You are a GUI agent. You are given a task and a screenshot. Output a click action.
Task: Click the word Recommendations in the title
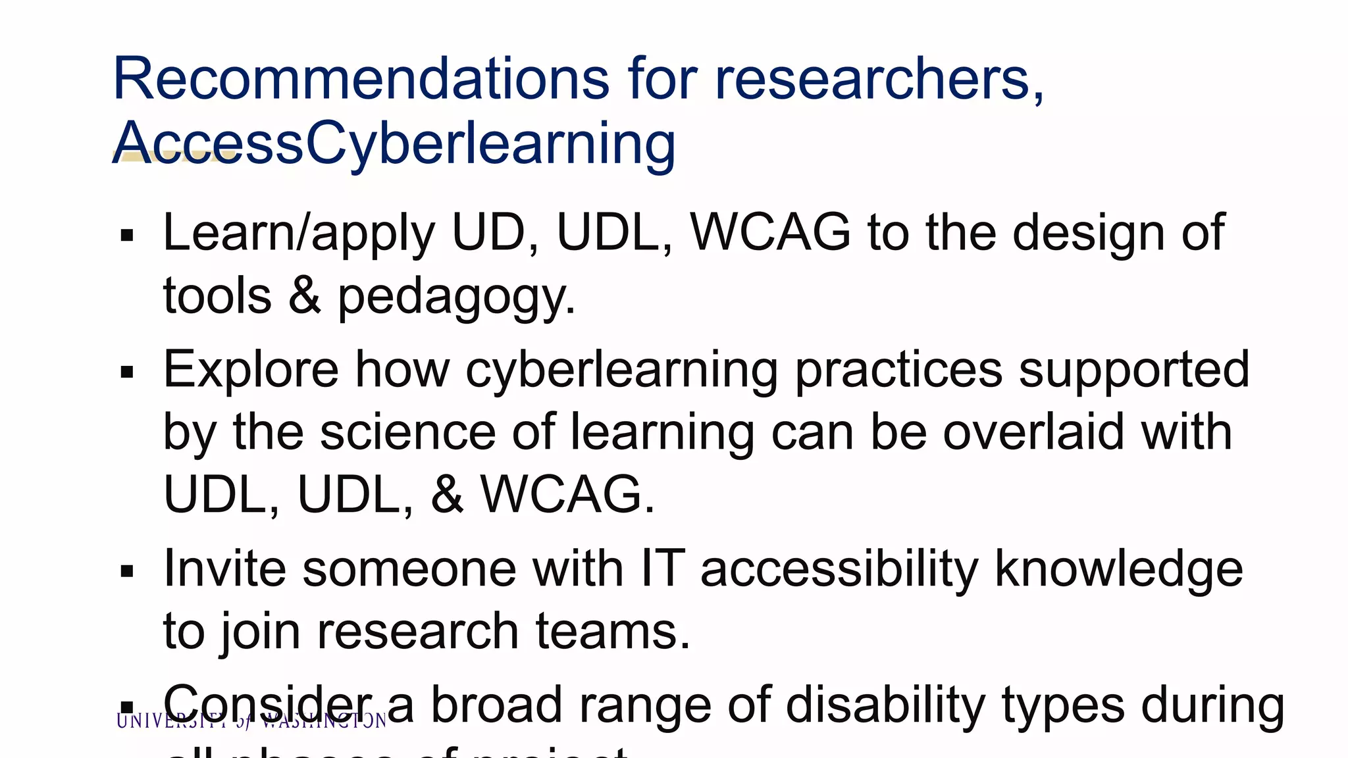click(361, 79)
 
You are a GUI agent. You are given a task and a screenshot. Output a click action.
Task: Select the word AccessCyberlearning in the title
click(394, 143)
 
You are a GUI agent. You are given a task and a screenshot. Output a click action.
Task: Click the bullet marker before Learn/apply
click(128, 236)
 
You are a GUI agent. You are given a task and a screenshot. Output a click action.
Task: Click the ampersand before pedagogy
click(304, 295)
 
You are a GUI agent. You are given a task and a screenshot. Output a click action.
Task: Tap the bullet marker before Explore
click(128, 372)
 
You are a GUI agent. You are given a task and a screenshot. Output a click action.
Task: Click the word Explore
click(251, 370)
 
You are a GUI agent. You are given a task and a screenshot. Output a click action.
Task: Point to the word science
click(408, 432)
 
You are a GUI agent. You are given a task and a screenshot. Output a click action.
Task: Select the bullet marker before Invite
click(128, 571)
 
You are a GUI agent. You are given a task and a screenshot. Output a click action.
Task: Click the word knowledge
click(1118, 568)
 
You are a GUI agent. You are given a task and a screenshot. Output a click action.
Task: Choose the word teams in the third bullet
click(613, 631)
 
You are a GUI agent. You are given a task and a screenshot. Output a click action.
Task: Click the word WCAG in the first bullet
click(770, 232)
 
